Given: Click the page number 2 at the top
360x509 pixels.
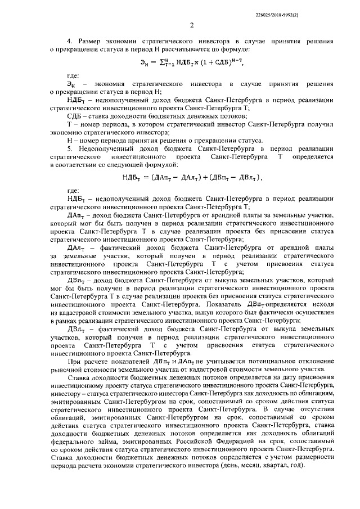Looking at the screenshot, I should [x=191, y=25].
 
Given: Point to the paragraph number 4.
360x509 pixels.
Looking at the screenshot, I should [x=69, y=42].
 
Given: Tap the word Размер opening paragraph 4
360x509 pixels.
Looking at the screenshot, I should [x=89, y=42].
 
